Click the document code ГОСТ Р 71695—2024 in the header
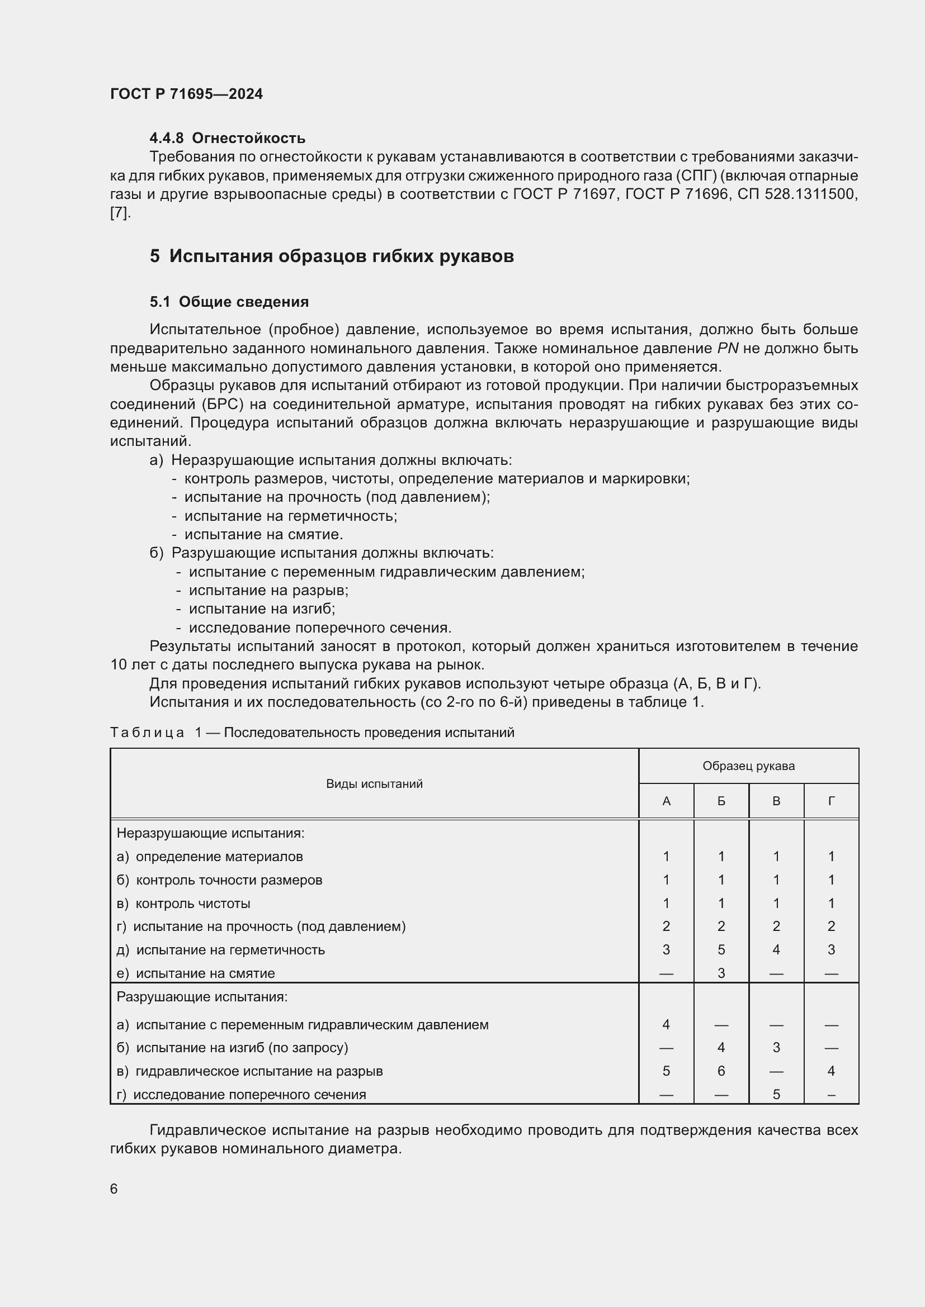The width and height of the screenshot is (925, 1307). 186,94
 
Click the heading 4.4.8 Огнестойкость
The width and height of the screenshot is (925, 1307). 227,139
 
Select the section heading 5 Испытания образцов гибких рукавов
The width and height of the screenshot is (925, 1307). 332,256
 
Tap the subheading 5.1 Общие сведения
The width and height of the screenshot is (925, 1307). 229,302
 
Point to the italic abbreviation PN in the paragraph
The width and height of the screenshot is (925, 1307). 728,348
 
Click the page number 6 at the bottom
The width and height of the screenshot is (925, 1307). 114,1189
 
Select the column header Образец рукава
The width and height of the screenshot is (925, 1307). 748,766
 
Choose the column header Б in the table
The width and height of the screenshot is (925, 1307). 720,801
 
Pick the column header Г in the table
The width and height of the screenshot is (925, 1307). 831,801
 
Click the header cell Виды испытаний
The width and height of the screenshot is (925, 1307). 374,784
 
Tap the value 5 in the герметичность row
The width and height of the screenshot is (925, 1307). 720,949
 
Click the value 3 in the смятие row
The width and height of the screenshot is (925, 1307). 720,973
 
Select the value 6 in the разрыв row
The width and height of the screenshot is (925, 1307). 720,1071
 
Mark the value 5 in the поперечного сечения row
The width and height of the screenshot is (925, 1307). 776,1094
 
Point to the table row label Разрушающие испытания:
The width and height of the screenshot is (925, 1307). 202,997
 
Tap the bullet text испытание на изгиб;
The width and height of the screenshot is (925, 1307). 261,609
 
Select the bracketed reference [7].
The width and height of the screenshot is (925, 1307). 120,213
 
